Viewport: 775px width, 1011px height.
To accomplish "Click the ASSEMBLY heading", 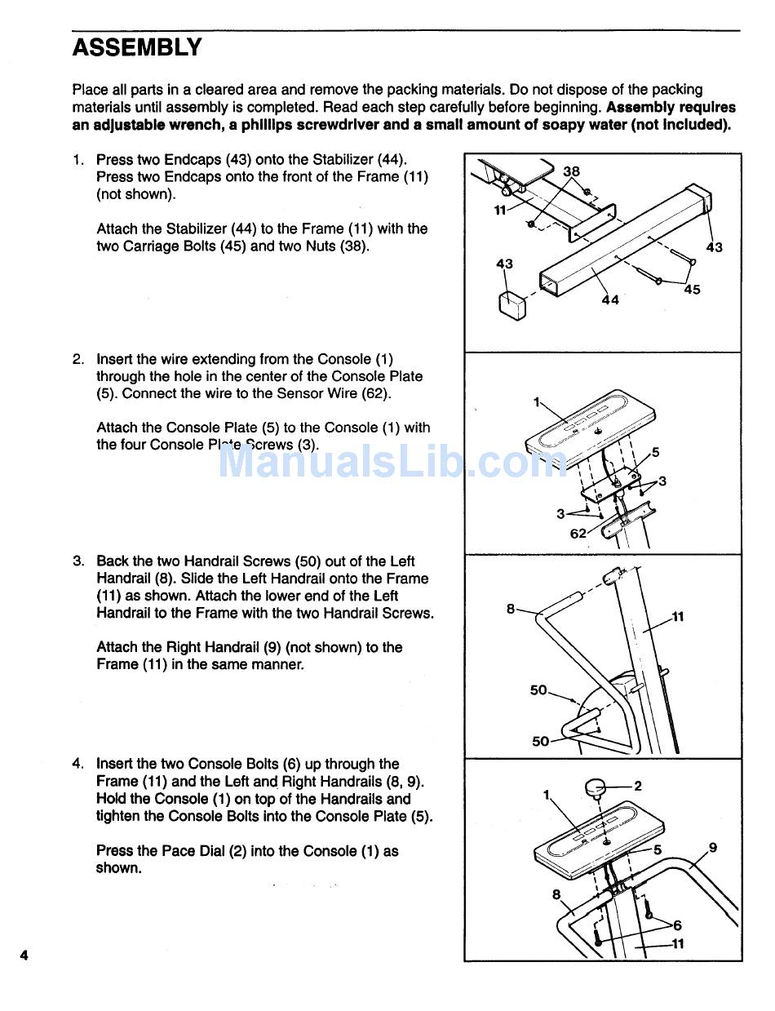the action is pos(137,47).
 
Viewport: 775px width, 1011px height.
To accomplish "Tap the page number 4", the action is pos(24,955).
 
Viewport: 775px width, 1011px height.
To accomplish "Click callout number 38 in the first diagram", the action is pos(571,171).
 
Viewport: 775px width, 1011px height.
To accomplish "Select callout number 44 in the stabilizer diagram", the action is pos(610,299).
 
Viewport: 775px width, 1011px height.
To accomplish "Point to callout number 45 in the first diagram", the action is pos(692,289).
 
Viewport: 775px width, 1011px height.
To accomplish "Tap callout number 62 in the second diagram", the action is pos(578,534).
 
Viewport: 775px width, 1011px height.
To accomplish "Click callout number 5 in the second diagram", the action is pos(655,452).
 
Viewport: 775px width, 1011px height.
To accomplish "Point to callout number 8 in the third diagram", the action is pos(511,608).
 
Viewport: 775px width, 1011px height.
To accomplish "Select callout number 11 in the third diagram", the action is pos(678,616).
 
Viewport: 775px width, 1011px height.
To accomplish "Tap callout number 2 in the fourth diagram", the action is pos(638,786).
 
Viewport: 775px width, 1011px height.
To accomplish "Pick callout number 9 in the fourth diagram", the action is pos(713,848).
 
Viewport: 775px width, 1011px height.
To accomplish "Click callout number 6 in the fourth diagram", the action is pos(676,925).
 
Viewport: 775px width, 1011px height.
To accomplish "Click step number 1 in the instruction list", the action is pos(77,159).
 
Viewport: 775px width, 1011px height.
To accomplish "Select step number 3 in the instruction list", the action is pos(77,561).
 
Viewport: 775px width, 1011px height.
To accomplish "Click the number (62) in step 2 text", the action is pos(375,393).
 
